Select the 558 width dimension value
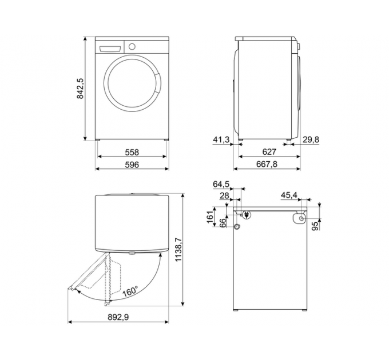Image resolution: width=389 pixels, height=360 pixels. [x=132, y=153]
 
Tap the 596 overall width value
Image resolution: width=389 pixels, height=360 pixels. [x=132, y=165]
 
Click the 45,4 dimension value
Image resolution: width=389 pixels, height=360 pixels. [x=289, y=196]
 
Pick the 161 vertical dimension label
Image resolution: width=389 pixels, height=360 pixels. [x=210, y=218]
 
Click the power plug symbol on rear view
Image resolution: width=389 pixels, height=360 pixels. [x=246, y=215]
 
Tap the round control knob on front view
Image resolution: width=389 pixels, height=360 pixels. [x=133, y=46]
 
